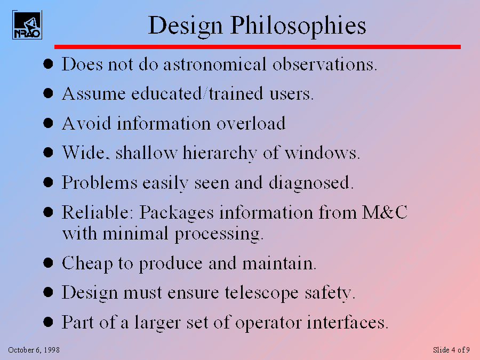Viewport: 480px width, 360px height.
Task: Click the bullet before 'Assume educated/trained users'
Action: tap(48, 94)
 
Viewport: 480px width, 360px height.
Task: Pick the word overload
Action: tap(251, 124)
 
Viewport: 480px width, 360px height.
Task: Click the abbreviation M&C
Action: tap(385, 212)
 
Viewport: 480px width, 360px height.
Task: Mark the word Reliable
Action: tap(98, 212)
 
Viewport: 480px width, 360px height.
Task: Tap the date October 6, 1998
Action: tap(34, 350)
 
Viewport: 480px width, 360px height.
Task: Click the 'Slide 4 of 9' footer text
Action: tap(451, 350)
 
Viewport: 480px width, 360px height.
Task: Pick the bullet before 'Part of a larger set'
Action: tap(48, 322)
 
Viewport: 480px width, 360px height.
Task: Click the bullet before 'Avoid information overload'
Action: tap(48, 124)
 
